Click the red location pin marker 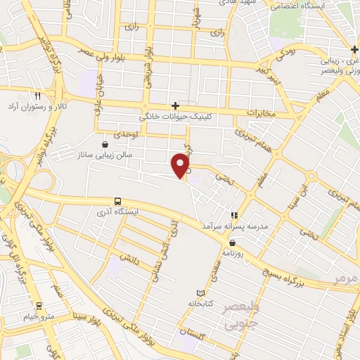(x=181, y=165)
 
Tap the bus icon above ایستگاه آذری (x=117, y=200)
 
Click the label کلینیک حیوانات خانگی (x=174, y=117)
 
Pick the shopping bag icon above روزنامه (x=241, y=243)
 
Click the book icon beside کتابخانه (x=202, y=292)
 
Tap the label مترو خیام (x=39, y=316)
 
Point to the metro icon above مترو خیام (x=39, y=305)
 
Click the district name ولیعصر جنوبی (x=231, y=317)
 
